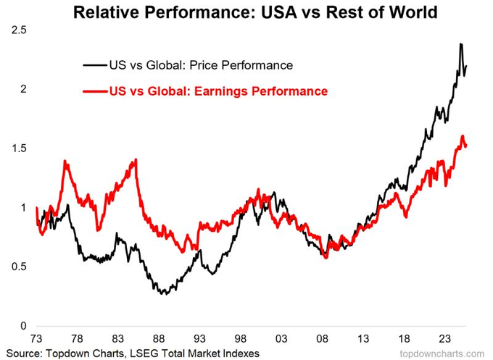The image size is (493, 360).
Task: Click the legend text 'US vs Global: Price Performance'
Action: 199,66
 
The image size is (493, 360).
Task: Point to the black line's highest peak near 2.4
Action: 462,45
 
